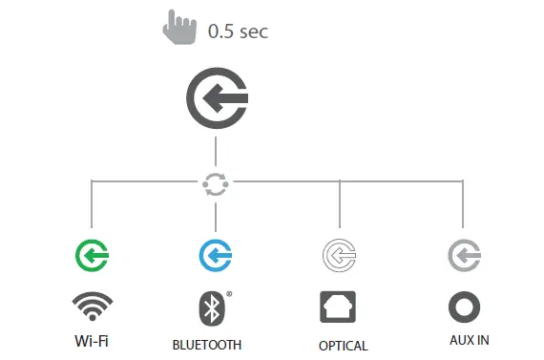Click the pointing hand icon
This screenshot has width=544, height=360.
pos(178,28)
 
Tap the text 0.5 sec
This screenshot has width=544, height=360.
pos(238,32)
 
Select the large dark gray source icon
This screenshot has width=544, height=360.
pos(217,98)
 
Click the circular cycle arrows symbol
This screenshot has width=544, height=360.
pos(216,184)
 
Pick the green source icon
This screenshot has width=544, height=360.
pos(92,255)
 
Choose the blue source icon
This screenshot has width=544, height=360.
pos(216,255)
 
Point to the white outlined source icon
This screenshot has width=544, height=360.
pos(340,255)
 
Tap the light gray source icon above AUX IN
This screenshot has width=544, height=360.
pos(463,255)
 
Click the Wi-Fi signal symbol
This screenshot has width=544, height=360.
pos(93,307)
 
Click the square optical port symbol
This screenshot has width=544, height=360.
pos(340,307)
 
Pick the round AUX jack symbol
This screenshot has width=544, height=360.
pos(464,307)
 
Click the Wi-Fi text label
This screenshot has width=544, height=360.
pos(92,340)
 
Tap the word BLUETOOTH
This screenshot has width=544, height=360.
pos(207,345)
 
